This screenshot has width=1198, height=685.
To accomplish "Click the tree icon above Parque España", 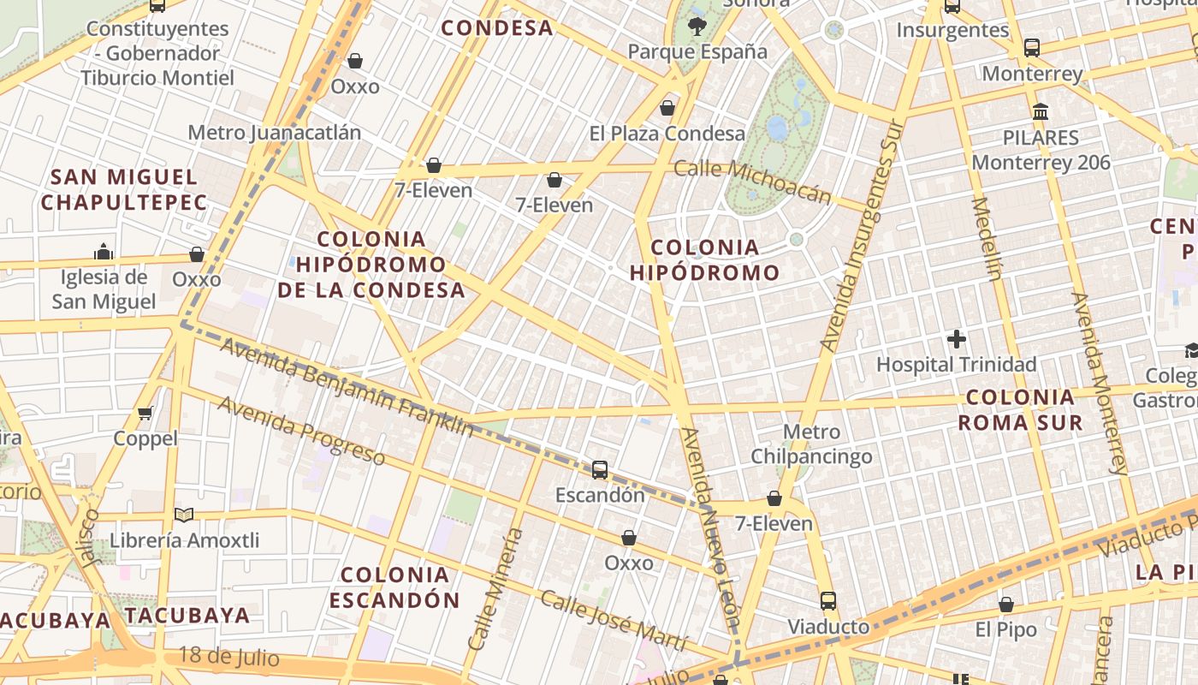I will pyautogui.click(x=697, y=26).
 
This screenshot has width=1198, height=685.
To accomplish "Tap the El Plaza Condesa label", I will pyautogui.click(x=667, y=134).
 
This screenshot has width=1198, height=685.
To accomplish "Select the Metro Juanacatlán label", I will pyautogui.click(x=274, y=133).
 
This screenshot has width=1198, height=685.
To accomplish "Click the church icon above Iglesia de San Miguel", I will pyautogui.click(x=104, y=252).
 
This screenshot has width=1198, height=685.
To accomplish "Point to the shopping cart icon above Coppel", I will pyautogui.click(x=145, y=413).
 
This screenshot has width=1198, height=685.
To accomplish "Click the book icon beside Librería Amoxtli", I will pyautogui.click(x=184, y=515).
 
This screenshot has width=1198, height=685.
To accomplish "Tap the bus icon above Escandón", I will pyautogui.click(x=600, y=469).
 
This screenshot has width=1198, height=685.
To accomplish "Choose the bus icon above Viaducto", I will pyautogui.click(x=827, y=600).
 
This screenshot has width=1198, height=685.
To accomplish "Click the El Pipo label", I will pyautogui.click(x=1006, y=629).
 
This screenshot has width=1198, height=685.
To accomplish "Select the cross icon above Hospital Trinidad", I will pyautogui.click(x=957, y=339).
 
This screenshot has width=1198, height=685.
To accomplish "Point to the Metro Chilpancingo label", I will pyautogui.click(x=811, y=444).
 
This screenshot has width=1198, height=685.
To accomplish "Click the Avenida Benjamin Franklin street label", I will pyautogui.click(x=346, y=386).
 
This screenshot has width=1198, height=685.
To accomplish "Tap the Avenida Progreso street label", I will pyautogui.click(x=300, y=430).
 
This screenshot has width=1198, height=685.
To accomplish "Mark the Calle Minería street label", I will pyautogui.click(x=495, y=588).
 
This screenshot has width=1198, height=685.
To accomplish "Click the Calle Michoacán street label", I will pyautogui.click(x=752, y=181).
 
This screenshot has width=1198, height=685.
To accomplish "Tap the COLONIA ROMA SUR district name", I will pyautogui.click(x=1020, y=409).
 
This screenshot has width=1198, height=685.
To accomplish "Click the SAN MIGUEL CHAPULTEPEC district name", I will pyautogui.click(x=124, y=190).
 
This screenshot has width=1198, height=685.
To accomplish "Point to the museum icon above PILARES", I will pyautogui.click(x=1041, y=112).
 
